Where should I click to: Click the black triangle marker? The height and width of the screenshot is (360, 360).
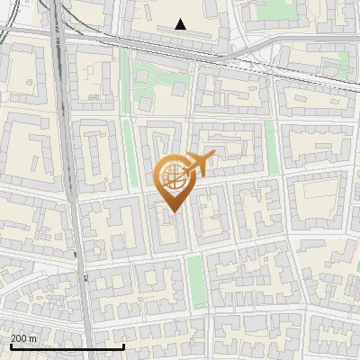(181, 24)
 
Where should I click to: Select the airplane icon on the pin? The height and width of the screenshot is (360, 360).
(200, 164)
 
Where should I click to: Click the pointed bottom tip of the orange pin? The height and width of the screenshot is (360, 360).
(172, 210)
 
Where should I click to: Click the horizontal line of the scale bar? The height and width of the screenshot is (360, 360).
(67, 346)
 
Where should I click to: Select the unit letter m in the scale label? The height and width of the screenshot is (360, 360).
(33, 338)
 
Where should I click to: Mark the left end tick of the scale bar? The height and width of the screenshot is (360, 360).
(10, 345)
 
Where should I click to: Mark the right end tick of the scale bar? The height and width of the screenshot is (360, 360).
(123, 345)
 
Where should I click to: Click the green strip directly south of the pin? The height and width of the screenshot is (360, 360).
(194, 279)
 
